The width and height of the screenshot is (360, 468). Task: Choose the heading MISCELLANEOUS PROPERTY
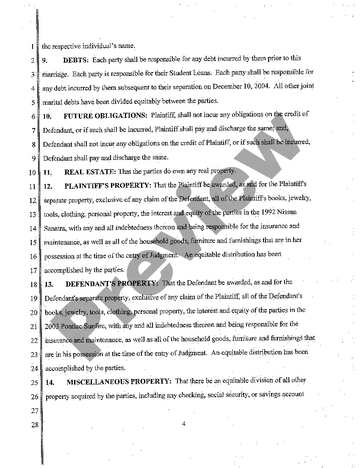click(x=119, y=382)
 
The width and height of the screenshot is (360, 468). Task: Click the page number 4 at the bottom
click(x=184, y=423)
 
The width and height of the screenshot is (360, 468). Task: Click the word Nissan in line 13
click(x=288, y=212)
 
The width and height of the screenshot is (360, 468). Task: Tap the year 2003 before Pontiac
click(x=52, y=326)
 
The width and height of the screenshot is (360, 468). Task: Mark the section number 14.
click(x=50, y=382)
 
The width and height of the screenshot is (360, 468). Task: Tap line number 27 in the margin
click(x=34, y=411)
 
